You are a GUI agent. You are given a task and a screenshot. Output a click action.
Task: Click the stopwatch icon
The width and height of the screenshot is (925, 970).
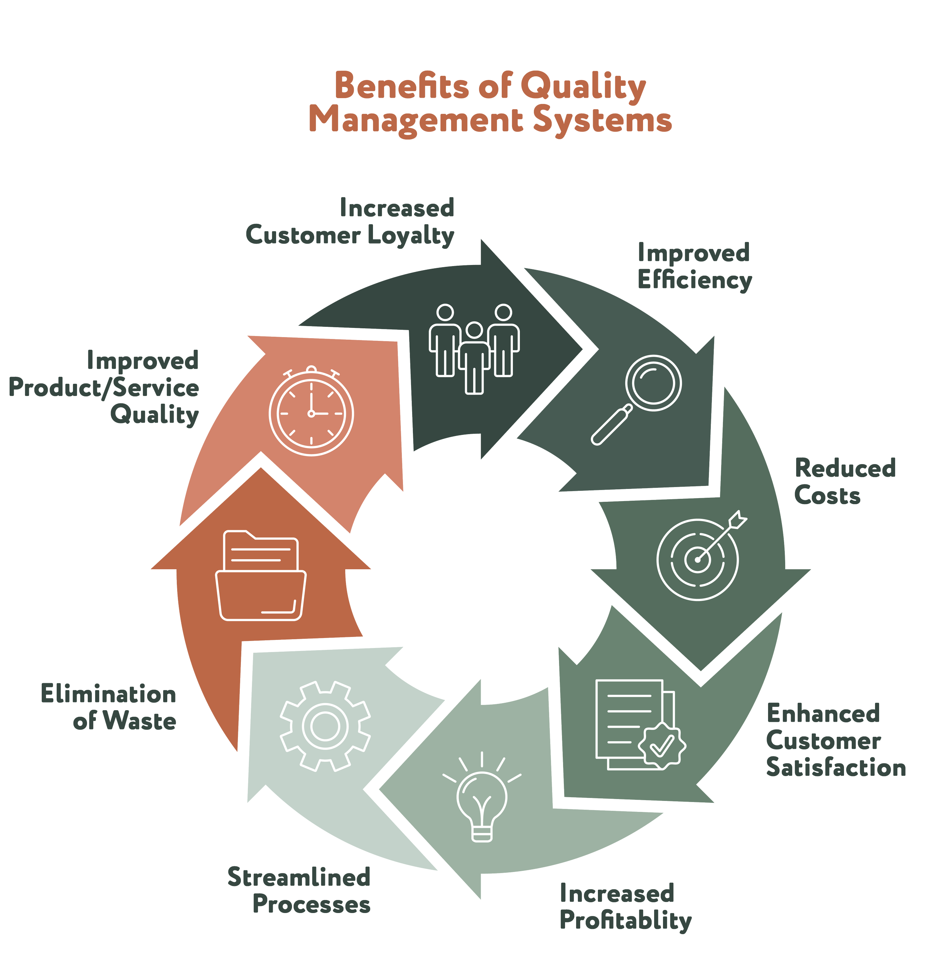(x=311, y=411)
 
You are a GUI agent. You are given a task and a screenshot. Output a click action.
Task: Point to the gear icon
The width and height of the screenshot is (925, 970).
(x=325, y=725)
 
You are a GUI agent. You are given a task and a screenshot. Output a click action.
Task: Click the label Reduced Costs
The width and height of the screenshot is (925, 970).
(x=845, y=482)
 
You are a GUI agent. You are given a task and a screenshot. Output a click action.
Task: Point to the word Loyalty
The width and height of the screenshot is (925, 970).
(x=411, y=236)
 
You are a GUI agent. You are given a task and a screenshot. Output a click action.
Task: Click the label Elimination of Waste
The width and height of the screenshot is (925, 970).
(x=109, y=707)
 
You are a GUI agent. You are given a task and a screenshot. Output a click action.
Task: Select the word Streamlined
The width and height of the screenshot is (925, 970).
(x=299, y=877)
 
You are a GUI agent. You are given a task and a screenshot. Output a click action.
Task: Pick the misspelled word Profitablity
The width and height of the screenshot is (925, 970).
(x=626, y=921)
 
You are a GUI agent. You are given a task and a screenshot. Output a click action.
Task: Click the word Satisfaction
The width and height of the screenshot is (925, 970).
(x=836, y=768)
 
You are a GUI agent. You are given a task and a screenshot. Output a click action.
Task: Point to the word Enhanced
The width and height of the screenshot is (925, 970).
(x=823, y=714)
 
